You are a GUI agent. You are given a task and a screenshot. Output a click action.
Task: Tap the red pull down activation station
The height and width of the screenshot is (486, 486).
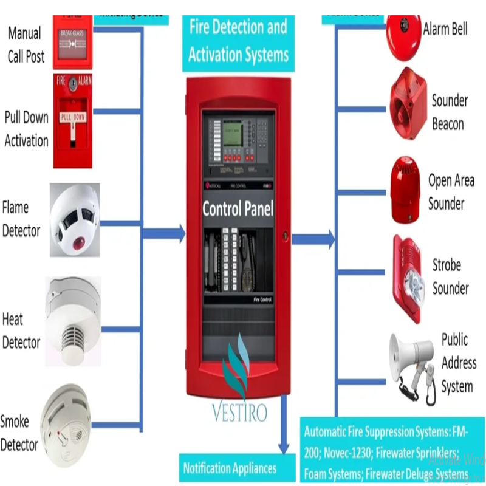click(72, 120)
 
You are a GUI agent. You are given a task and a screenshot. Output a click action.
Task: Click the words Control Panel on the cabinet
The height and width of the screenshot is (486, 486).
click(238, 210)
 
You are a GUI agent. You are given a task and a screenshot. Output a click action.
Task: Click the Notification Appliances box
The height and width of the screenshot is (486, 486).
click(230, 468)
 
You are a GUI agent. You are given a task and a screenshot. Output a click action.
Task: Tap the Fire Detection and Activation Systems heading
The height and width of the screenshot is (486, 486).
click(238, 41)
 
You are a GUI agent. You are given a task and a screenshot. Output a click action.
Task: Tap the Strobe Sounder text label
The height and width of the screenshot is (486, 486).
click(450, 276)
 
